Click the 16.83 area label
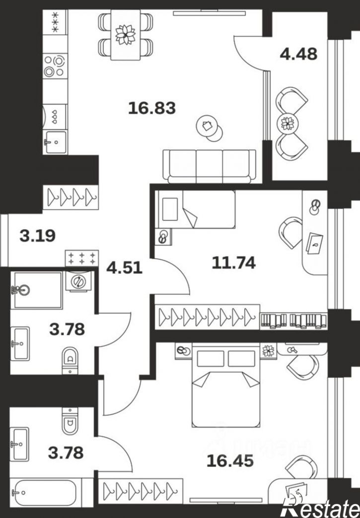click(152, 108)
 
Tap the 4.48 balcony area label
click(298, 54)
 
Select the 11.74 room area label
click(234, 263)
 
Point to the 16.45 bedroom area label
click(230, 460)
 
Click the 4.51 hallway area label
click(124, 267)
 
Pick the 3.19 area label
click(37, 236)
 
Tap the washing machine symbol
click(78, 281)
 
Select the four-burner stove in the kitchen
click(55, 66)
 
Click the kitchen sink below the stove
click(55, 142)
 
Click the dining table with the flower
click(126, 35)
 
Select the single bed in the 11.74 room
click(196, 209)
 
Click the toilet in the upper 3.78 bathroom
click(70, 360)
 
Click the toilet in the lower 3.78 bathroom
click(70, 421)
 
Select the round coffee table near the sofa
click(209, 128)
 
